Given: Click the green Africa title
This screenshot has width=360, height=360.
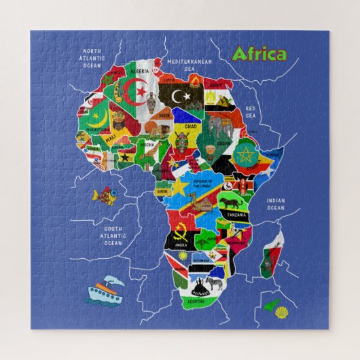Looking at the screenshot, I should (259, 54).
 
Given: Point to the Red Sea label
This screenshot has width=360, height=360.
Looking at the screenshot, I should (251, 111).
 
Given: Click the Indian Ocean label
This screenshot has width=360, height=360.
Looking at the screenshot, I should (276, 204).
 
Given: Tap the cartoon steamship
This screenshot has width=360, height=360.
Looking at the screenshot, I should (104, 291).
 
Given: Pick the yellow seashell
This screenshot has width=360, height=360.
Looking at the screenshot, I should (281, 312).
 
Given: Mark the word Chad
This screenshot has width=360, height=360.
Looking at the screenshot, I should (191, 126).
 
